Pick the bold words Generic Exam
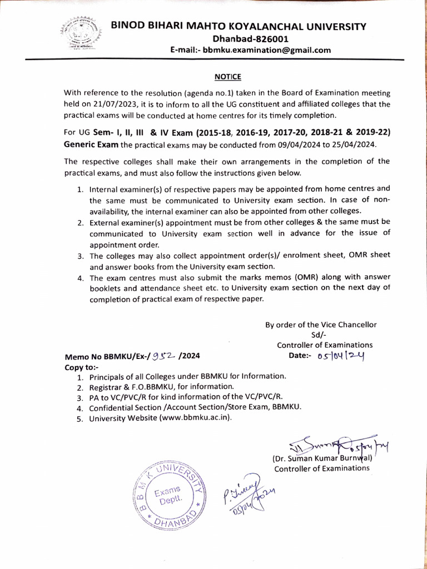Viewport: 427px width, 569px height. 91,144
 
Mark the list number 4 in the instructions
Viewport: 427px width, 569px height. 81,278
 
